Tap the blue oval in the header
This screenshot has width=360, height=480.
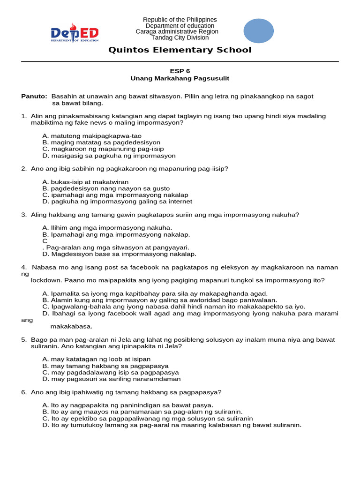[259, 30]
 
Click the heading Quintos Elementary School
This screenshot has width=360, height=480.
[180, 50]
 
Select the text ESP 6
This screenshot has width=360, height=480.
[180, 71]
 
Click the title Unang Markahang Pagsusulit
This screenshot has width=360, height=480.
[180, 78]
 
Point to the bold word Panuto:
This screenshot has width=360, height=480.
[35, 96]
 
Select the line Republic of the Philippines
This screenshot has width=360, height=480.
[180, 20]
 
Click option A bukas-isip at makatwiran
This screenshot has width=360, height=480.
[85, 182]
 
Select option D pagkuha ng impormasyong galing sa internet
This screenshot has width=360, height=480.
[117, 202]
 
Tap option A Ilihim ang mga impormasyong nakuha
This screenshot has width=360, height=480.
[101, 228]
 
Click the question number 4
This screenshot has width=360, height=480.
[23, 267]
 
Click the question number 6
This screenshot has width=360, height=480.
[23, 392]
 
